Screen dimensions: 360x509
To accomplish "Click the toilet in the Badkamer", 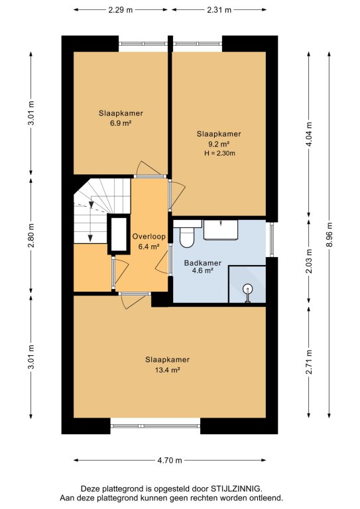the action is [187, 237].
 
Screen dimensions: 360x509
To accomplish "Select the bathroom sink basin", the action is [221, 230].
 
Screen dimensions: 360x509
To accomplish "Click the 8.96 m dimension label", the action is [329, 235].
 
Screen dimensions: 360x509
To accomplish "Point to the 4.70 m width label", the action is [170, 461].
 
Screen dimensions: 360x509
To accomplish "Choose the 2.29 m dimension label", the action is [121, 10].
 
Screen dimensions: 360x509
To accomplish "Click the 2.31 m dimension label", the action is [219, 10].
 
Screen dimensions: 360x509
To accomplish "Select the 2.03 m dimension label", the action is [309, 261].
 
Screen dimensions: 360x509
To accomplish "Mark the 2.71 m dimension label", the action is [309, 362].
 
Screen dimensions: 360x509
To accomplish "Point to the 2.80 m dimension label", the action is [31, 236].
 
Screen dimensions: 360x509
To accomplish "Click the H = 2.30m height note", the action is [219, 154].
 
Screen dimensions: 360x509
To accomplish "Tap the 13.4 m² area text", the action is [168, 370].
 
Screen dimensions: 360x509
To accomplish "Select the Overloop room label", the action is [149, 237].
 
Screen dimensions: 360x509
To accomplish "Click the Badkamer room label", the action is [203, 263].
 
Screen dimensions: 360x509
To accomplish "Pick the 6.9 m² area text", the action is [121, 123].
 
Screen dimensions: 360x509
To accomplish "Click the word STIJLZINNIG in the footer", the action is [236, 488].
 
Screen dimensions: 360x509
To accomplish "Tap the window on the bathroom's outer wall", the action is [272, 239].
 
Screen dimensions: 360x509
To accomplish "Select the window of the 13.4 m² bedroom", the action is [156, 426].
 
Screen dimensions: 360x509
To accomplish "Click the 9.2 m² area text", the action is [219, 144].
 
